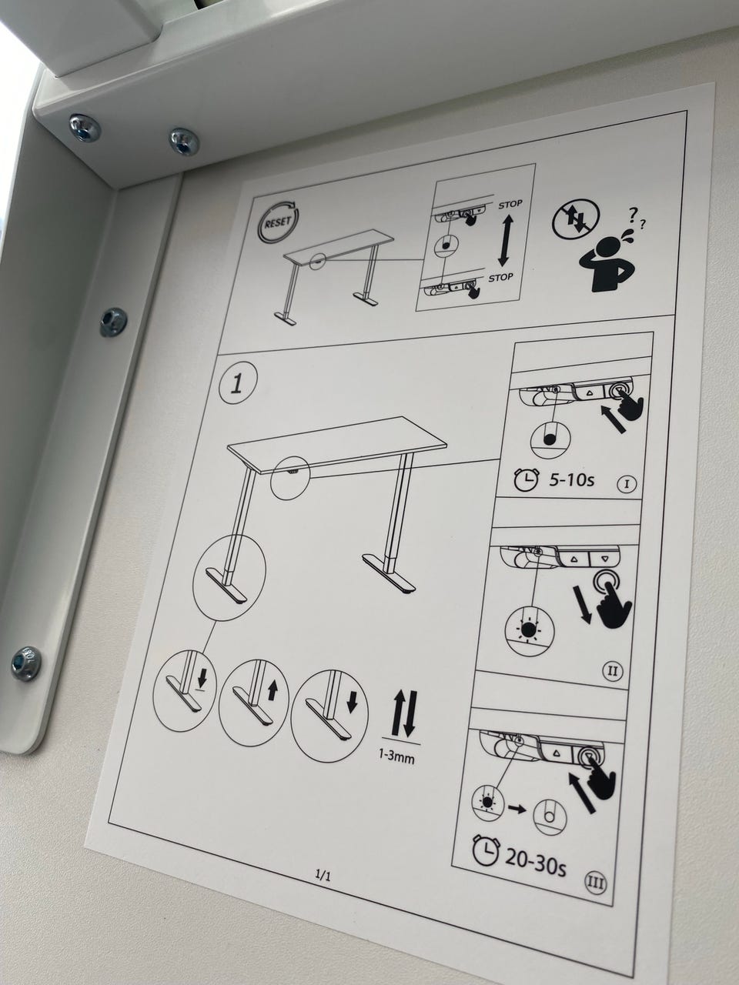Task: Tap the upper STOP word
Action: [x=510, y=205]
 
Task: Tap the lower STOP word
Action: [x=500, y=278]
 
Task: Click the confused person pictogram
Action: [x=611, y=251]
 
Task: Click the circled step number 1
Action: [x=238, y=385]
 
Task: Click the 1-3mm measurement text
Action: [x=396, y=757]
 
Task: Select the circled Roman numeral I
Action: [x=627, y=484]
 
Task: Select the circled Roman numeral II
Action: [x=613, y=672]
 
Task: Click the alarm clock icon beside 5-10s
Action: [x=527, y=479]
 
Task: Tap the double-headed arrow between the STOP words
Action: [x=506, y=240]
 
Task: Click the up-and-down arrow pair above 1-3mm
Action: [x=405, y=714]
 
